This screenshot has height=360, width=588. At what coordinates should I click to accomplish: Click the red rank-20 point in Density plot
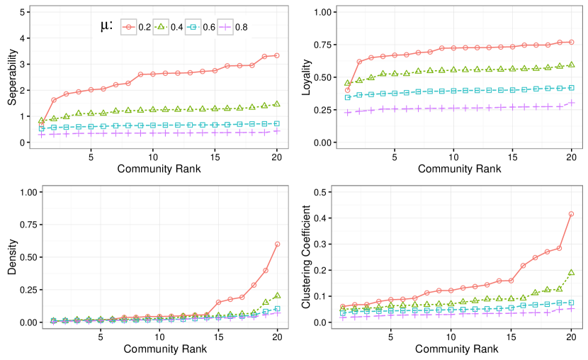coord(277,244)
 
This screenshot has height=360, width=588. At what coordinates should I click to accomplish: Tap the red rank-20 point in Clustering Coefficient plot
coord(571,214)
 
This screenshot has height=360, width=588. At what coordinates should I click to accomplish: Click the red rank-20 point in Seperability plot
coord(277,55)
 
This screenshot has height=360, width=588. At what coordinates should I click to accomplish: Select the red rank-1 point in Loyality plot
coord(347,90)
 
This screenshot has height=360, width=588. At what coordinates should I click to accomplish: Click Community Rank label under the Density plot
coord(159,349)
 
